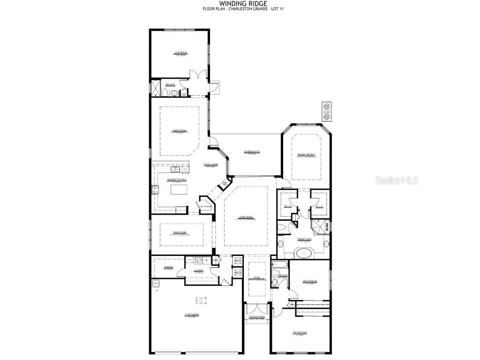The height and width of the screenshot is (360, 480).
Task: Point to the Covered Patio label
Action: click(x=252, y=152)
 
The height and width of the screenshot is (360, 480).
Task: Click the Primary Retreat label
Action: click(x=306, y=155)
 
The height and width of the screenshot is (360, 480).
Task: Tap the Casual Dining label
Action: click(x=210, y=165)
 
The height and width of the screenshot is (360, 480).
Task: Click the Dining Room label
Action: click(x=180, y=232)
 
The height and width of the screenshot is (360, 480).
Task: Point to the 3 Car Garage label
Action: click(x=192, y=315)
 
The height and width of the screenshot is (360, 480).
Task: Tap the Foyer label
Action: click(x=257, y=278)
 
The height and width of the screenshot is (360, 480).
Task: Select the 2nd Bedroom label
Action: click(x=310, y=281)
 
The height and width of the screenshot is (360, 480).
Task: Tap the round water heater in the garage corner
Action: click(x=155, y=283)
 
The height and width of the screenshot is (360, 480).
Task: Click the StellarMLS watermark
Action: click(x=398, y=180)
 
